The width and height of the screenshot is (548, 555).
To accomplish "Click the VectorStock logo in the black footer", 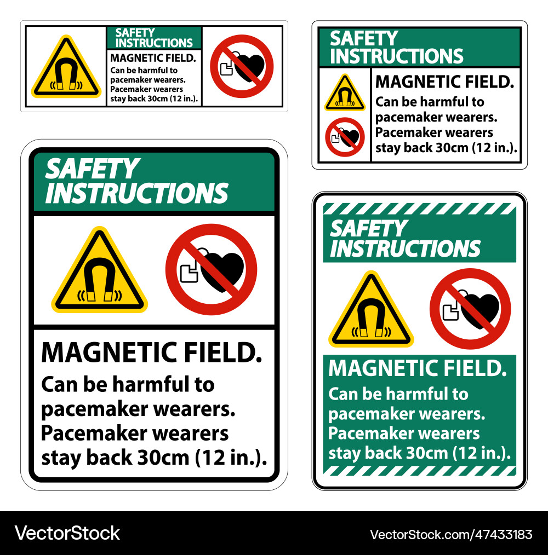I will (67, 533).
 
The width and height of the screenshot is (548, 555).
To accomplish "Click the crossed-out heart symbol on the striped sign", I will (470, 309).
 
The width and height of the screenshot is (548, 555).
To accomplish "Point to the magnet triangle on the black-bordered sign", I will (99, 272).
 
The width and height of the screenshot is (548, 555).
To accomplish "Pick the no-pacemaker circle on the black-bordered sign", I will (211, 269).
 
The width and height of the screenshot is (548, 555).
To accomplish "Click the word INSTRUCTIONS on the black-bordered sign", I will (136, 193).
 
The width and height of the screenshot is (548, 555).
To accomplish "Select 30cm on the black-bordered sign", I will (164, 457).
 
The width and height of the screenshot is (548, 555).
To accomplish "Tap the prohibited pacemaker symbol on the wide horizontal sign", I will (242, 66).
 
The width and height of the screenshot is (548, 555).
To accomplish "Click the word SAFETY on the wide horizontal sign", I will (135, 33).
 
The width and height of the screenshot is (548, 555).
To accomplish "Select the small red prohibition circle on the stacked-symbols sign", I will (344, 137).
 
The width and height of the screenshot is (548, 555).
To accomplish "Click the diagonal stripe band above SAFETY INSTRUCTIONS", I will (419, 209).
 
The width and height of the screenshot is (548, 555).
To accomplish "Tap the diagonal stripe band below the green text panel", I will (419, 470).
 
